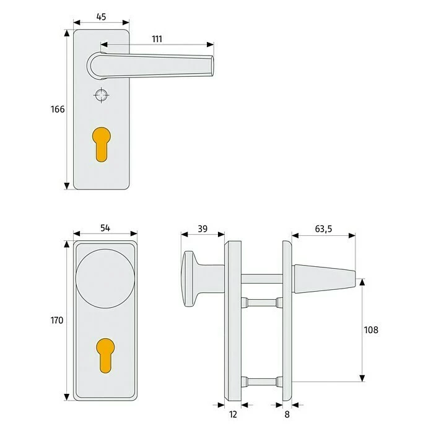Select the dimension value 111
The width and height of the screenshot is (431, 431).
click(x=157, y=39)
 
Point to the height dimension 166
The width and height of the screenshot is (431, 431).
click(x=57, y=110)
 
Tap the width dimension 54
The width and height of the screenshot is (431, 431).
click(x=105, y=229)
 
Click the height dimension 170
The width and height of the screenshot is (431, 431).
click(x=57, y=321)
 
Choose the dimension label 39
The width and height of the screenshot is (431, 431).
click(x=202, y=229)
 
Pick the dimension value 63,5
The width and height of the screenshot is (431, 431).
click(x=323, y=229)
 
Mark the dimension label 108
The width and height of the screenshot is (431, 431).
click(x=370, y=330)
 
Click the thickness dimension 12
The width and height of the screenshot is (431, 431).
click(x=233, y=414)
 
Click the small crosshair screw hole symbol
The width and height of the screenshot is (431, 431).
click(x=101, y=95)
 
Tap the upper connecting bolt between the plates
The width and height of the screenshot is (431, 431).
click(x=261, y=302)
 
